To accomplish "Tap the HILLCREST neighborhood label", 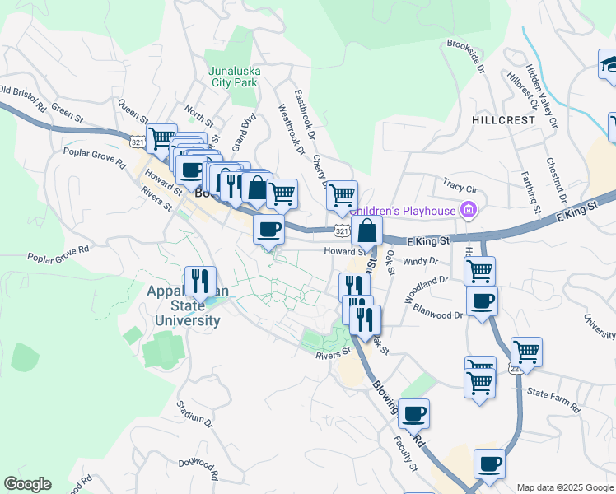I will coord(503,119).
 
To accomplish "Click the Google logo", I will coord(27,484).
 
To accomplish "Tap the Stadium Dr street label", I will coord(194,414).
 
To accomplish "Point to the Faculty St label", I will coord(404,454).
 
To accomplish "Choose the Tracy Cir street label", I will coord(460,185).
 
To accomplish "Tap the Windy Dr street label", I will coord(420,262).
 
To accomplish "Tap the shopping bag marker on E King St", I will coord(367,231).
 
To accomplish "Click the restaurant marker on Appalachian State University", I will coord(200,282).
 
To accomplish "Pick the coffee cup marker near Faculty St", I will coord(414,412).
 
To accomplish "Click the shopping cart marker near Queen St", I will coord(161,137).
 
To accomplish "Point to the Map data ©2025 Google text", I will coord(564,487).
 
